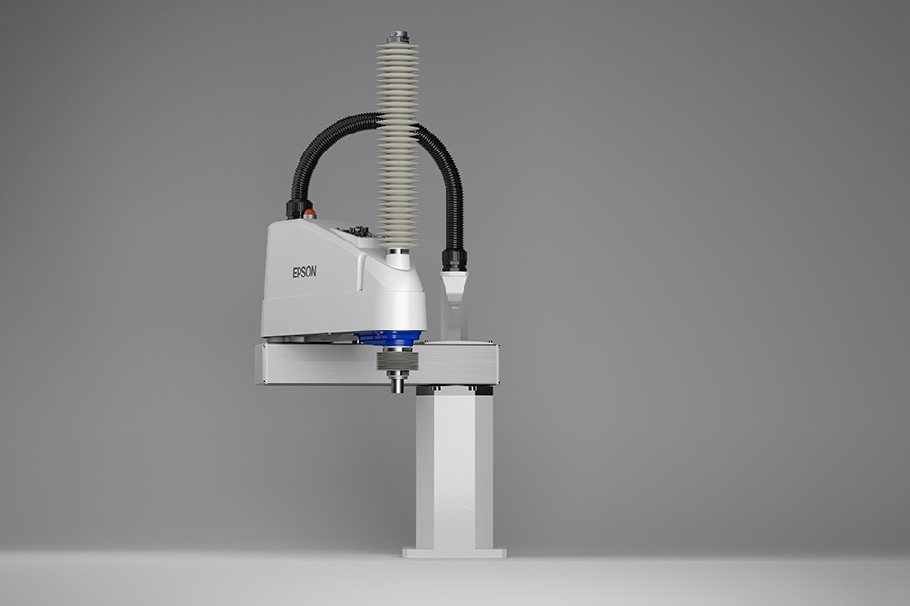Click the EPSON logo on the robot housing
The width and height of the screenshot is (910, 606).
coord(304,272)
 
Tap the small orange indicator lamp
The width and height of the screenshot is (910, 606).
coord(310,214)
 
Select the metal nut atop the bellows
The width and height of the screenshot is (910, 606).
coord(397,37)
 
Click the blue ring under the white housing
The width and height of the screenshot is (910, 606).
coord(389,338)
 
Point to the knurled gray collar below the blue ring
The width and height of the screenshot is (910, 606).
coord(396,361)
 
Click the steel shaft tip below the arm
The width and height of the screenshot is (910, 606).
coord(396,385)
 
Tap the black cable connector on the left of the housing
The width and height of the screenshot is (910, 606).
coord(298,206)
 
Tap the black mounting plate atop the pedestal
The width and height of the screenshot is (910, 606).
coord(454,389)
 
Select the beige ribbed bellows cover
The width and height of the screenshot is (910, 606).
coord(397,142)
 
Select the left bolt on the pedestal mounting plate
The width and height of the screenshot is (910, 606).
coord(422,389)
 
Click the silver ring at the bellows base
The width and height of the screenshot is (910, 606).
coord(397,252)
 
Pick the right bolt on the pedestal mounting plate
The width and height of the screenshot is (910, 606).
coord(484,389)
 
